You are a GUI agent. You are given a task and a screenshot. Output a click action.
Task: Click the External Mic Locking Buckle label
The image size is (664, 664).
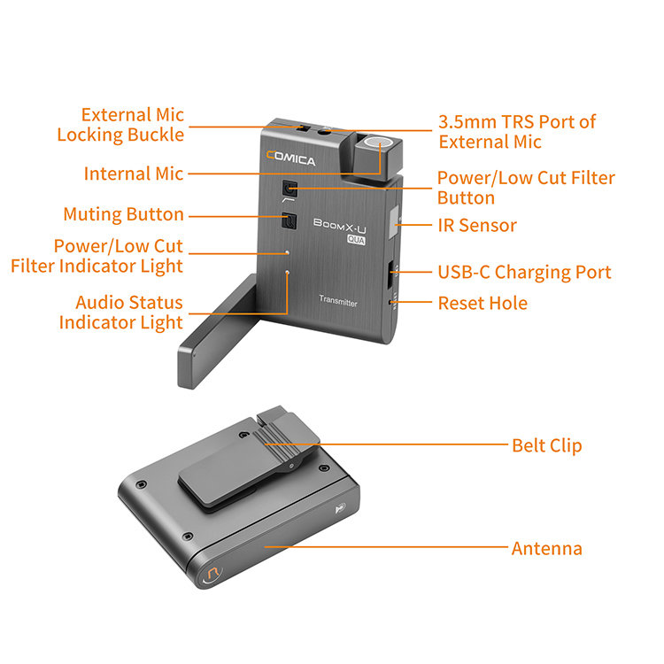[x=120, y=125]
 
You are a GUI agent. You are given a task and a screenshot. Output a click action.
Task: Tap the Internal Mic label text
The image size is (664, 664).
[x=134, y=174]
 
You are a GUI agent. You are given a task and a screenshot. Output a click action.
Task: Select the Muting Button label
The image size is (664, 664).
[x=123, y=214]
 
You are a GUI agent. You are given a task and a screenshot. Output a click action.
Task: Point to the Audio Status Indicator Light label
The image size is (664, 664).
[x=121, y=313]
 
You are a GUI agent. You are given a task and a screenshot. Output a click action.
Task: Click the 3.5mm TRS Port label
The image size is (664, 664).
[x=517, y=131]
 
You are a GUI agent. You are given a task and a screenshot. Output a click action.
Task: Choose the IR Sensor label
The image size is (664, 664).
[x=477, y=225]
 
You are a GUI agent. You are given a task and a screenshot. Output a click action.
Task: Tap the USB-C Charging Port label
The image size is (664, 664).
[x=524, y=272]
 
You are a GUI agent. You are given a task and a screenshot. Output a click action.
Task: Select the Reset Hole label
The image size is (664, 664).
[x=483, y=303]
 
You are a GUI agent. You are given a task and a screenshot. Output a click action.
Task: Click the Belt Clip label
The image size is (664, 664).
[x=546, y=444]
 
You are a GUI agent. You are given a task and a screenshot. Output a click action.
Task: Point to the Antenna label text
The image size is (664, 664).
[x=546, y=549]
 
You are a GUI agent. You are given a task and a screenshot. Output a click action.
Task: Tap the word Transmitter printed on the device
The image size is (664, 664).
[x=338, y=303]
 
